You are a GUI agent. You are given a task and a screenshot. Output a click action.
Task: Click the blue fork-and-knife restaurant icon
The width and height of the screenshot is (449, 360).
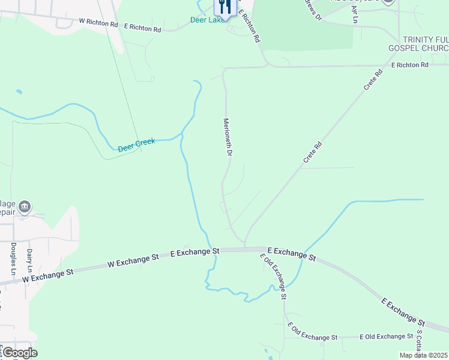tap(224, 7)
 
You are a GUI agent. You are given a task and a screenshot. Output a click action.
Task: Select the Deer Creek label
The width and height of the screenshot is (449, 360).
tap(136, 145)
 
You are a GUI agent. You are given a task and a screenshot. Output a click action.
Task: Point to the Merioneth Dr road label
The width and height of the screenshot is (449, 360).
tap(228, 137)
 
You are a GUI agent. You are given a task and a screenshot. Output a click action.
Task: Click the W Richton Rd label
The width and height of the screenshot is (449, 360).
tap(98, 22)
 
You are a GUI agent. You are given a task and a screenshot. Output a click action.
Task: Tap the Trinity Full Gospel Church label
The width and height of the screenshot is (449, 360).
tap(426, 43)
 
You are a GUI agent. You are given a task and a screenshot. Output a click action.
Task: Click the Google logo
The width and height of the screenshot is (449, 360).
tap(19, 353)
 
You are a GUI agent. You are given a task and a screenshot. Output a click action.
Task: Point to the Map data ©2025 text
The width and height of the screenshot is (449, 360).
tap(424, 355)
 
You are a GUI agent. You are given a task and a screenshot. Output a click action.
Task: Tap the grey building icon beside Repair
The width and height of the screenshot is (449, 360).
tap(25, 208)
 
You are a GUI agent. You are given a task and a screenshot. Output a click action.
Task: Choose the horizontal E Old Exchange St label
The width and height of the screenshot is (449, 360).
tap(386, 337)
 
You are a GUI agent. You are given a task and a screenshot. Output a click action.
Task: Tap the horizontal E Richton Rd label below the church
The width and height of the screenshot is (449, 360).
tap(409, 65)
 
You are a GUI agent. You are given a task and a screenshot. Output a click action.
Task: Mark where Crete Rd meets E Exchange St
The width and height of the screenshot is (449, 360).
tap(245, 247)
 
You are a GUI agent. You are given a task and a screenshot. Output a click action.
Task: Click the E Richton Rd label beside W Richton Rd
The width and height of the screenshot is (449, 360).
tap(143, 28)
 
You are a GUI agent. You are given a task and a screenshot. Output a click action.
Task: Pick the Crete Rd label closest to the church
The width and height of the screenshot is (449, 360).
tap(373, 81)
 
